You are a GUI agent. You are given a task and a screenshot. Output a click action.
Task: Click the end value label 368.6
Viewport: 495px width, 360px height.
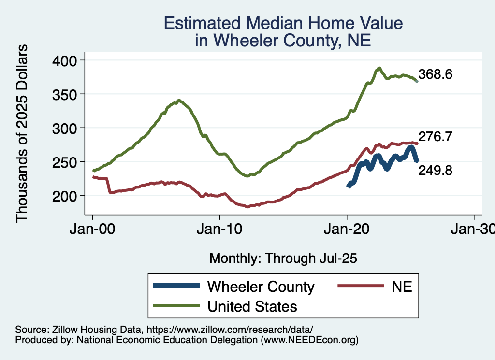(435, 75)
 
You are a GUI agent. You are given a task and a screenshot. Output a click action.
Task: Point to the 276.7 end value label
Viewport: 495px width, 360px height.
(435, 137)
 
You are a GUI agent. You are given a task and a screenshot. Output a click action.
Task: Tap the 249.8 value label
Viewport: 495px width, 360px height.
(435, 170)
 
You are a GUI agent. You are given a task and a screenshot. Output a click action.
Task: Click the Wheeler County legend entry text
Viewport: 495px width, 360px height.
(261, 287)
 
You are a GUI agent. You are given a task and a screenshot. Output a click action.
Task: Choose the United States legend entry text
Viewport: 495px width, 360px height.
(252, 306)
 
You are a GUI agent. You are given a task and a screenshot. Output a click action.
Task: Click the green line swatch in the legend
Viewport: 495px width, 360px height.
(176, 306)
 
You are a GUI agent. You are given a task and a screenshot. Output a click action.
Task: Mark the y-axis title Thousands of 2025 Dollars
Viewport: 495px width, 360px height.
(22, 133)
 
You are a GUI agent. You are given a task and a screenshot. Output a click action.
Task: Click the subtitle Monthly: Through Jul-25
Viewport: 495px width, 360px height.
(283, 259)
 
